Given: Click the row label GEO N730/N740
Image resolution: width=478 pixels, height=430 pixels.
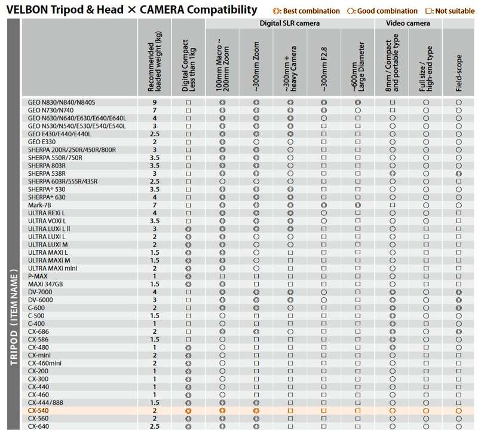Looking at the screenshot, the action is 51,110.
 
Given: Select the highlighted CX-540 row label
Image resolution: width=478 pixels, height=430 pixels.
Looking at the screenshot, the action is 38,410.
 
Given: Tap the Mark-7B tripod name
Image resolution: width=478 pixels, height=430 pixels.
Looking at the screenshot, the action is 39,205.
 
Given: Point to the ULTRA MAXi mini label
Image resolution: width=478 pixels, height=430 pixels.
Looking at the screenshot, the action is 53,269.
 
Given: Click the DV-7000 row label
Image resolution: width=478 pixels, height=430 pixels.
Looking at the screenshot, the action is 40,292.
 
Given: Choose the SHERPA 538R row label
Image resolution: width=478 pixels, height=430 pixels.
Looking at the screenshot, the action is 47,173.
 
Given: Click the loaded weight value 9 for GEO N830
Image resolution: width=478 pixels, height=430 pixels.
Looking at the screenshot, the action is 155,102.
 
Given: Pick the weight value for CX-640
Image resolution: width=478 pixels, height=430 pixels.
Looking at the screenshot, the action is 155,426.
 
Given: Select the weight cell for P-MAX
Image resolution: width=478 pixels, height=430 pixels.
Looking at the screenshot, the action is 155,276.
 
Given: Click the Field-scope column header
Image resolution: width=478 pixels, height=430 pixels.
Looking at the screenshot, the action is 459,73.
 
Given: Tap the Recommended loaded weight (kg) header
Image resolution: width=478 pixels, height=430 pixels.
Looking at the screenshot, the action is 155,62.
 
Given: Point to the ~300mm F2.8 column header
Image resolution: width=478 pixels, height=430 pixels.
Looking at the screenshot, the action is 324,69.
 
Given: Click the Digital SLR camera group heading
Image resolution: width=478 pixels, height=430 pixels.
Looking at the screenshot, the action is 290,23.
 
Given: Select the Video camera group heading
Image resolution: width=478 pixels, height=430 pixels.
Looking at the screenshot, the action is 408,23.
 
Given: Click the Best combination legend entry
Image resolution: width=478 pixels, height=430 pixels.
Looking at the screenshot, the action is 306,11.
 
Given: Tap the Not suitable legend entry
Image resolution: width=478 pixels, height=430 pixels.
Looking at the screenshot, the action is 450,11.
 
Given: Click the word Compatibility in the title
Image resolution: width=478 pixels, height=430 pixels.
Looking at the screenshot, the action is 222,10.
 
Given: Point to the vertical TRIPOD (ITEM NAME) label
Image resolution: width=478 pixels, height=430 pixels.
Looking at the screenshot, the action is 14,317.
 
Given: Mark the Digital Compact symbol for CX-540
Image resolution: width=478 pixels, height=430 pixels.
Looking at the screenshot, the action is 188,411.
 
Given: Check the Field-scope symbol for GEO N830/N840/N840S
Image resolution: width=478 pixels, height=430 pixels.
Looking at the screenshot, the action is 459,102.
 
